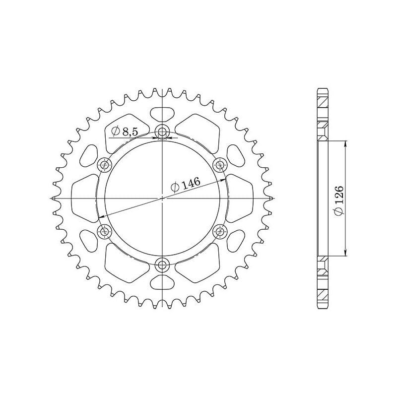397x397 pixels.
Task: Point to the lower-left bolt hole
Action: click(105, 231)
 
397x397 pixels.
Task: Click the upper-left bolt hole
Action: click(105, 165)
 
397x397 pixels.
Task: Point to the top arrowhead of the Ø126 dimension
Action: click(345, 142)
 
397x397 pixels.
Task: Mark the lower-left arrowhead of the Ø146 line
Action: click(102, 217)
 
